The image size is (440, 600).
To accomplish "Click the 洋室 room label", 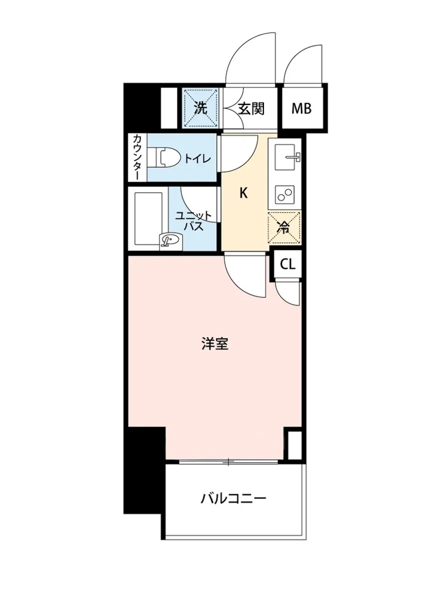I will click(215, 344).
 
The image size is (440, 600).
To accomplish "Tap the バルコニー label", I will click(234, 498).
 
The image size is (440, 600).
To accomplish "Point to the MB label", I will click(302, 108).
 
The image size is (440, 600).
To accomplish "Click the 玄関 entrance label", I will click(250, 108).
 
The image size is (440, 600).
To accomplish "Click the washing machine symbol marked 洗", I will click(200, 108).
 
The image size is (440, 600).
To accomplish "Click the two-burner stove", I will click(285, 193).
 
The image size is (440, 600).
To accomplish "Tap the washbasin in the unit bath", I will click(170, 241).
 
